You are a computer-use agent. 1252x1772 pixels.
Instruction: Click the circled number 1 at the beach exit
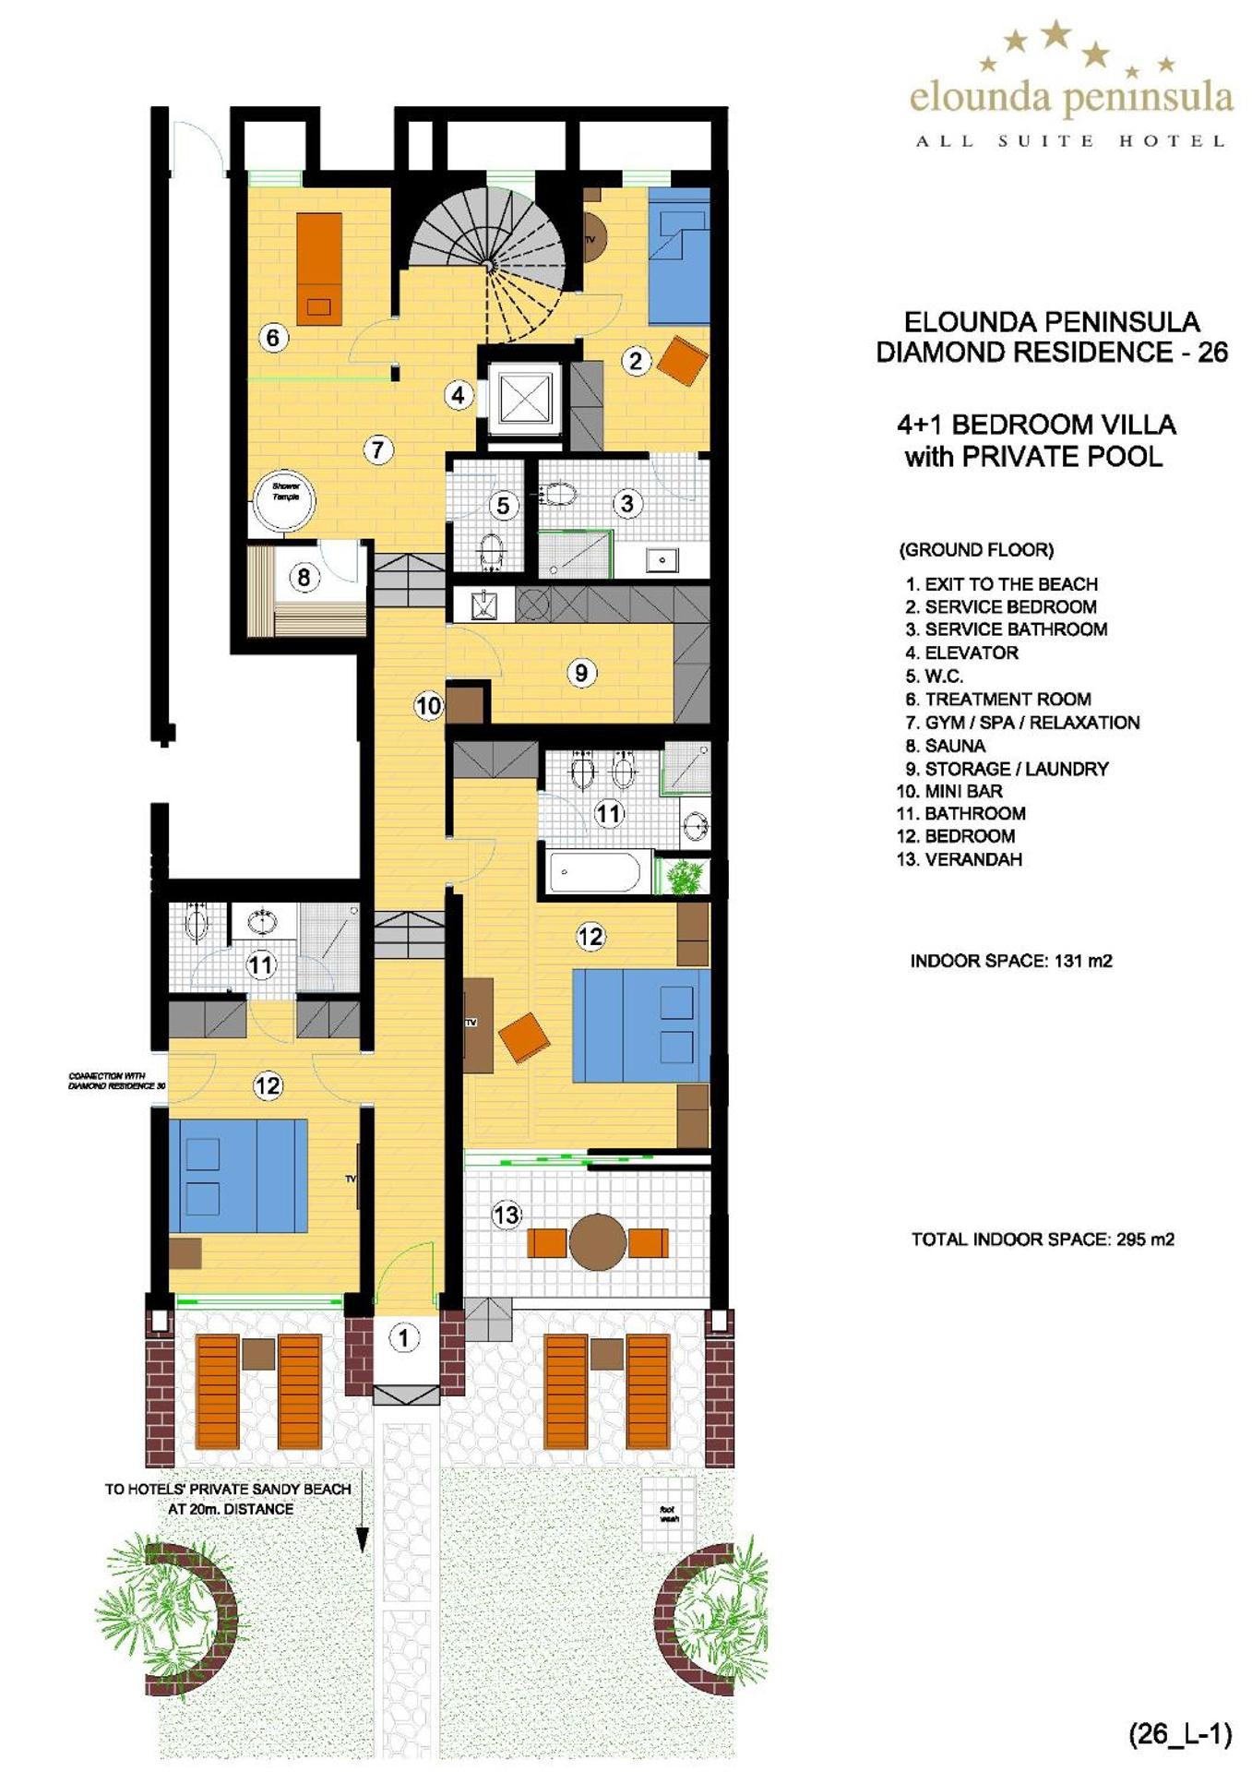pos(403,1336)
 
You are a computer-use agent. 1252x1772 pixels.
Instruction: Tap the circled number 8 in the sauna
pos(304,578)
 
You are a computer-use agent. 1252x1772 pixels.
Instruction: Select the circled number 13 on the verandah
pos(507,1215)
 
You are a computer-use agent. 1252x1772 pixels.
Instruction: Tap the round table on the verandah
pos(598,1241)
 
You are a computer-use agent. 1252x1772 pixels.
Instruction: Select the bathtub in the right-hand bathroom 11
pos(595,872)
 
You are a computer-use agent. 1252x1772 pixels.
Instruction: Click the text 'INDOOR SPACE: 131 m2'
pos(1011,961)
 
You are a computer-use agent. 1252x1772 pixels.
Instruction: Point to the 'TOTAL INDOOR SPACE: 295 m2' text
pos(1043,1239)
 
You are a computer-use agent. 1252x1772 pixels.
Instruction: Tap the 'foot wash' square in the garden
pos(668,1514)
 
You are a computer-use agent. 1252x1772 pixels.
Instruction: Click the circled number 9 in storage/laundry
pos(581,673)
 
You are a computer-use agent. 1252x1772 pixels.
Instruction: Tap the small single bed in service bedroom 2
pos(679,257)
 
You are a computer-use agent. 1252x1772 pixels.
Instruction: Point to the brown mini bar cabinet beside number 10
pos(465,704)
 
